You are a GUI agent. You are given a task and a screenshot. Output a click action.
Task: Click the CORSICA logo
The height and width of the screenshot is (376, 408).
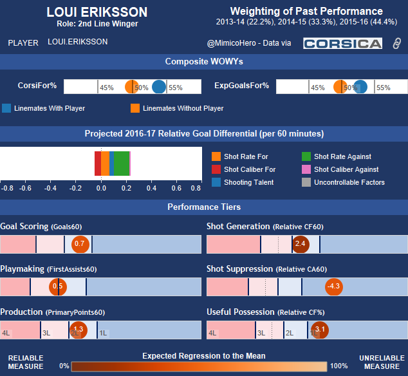click(343, 43)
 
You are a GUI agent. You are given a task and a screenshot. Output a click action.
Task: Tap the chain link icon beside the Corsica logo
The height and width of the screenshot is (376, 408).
click(397, 43)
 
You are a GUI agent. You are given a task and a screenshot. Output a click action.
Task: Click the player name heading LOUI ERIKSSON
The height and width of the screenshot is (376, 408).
click(97, 13)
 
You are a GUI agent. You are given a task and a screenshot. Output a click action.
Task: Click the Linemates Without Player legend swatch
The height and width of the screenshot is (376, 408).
click(135, 108)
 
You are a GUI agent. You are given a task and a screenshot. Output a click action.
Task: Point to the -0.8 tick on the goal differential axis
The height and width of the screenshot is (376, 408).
click(8, 189)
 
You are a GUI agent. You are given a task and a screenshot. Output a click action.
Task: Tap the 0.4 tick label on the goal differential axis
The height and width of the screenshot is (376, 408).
click(151, 189)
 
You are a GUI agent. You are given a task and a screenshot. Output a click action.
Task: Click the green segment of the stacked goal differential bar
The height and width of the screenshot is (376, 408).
click(122, 163)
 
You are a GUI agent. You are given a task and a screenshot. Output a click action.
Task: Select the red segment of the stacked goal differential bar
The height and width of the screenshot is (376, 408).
click(98, 163)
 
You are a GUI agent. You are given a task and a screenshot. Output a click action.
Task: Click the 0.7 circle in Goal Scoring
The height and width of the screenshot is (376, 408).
click(80, 244)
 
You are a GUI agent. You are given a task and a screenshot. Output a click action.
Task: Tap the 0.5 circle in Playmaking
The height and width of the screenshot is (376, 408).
click(58, 287)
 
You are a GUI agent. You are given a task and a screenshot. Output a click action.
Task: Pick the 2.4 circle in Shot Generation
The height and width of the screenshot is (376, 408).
click(300, 244)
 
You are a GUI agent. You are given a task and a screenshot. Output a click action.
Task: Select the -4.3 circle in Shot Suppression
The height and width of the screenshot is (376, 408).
click(333, 287)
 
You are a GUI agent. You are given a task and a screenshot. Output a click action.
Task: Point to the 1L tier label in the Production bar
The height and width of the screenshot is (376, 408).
click(103, 333)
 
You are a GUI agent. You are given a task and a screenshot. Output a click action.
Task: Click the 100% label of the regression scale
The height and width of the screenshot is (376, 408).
click(338, 365)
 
